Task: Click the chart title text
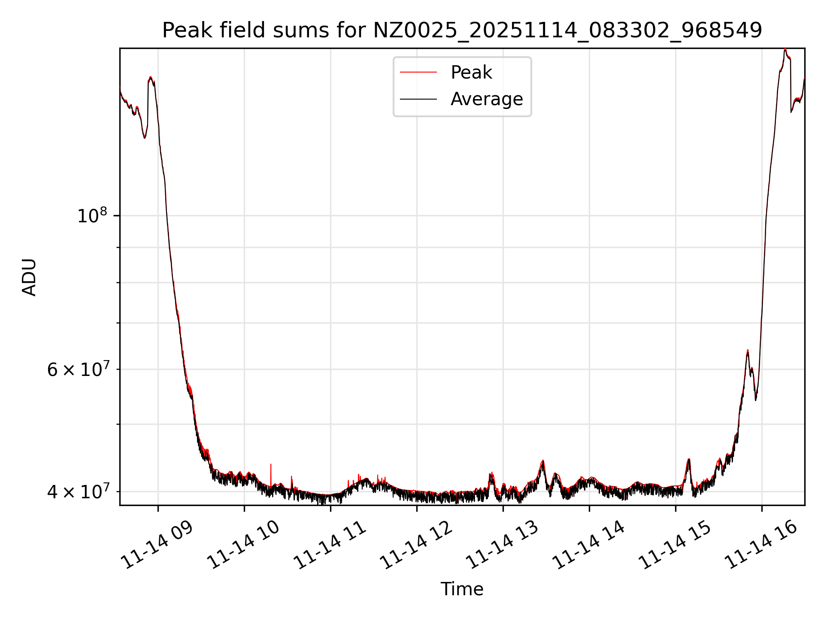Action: [x=462, y=30]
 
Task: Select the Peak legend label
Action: [x=471, y=73]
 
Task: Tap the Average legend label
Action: [x=487, y=99]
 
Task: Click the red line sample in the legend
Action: [x=418, y=73]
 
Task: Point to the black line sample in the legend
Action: [x=418, y=99]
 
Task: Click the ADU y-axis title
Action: [x=29, y=277]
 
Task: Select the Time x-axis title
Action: [x=462, y=589]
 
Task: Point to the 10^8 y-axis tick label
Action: [x=92, y=216]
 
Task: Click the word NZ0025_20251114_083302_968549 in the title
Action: [x=567, y=30]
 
